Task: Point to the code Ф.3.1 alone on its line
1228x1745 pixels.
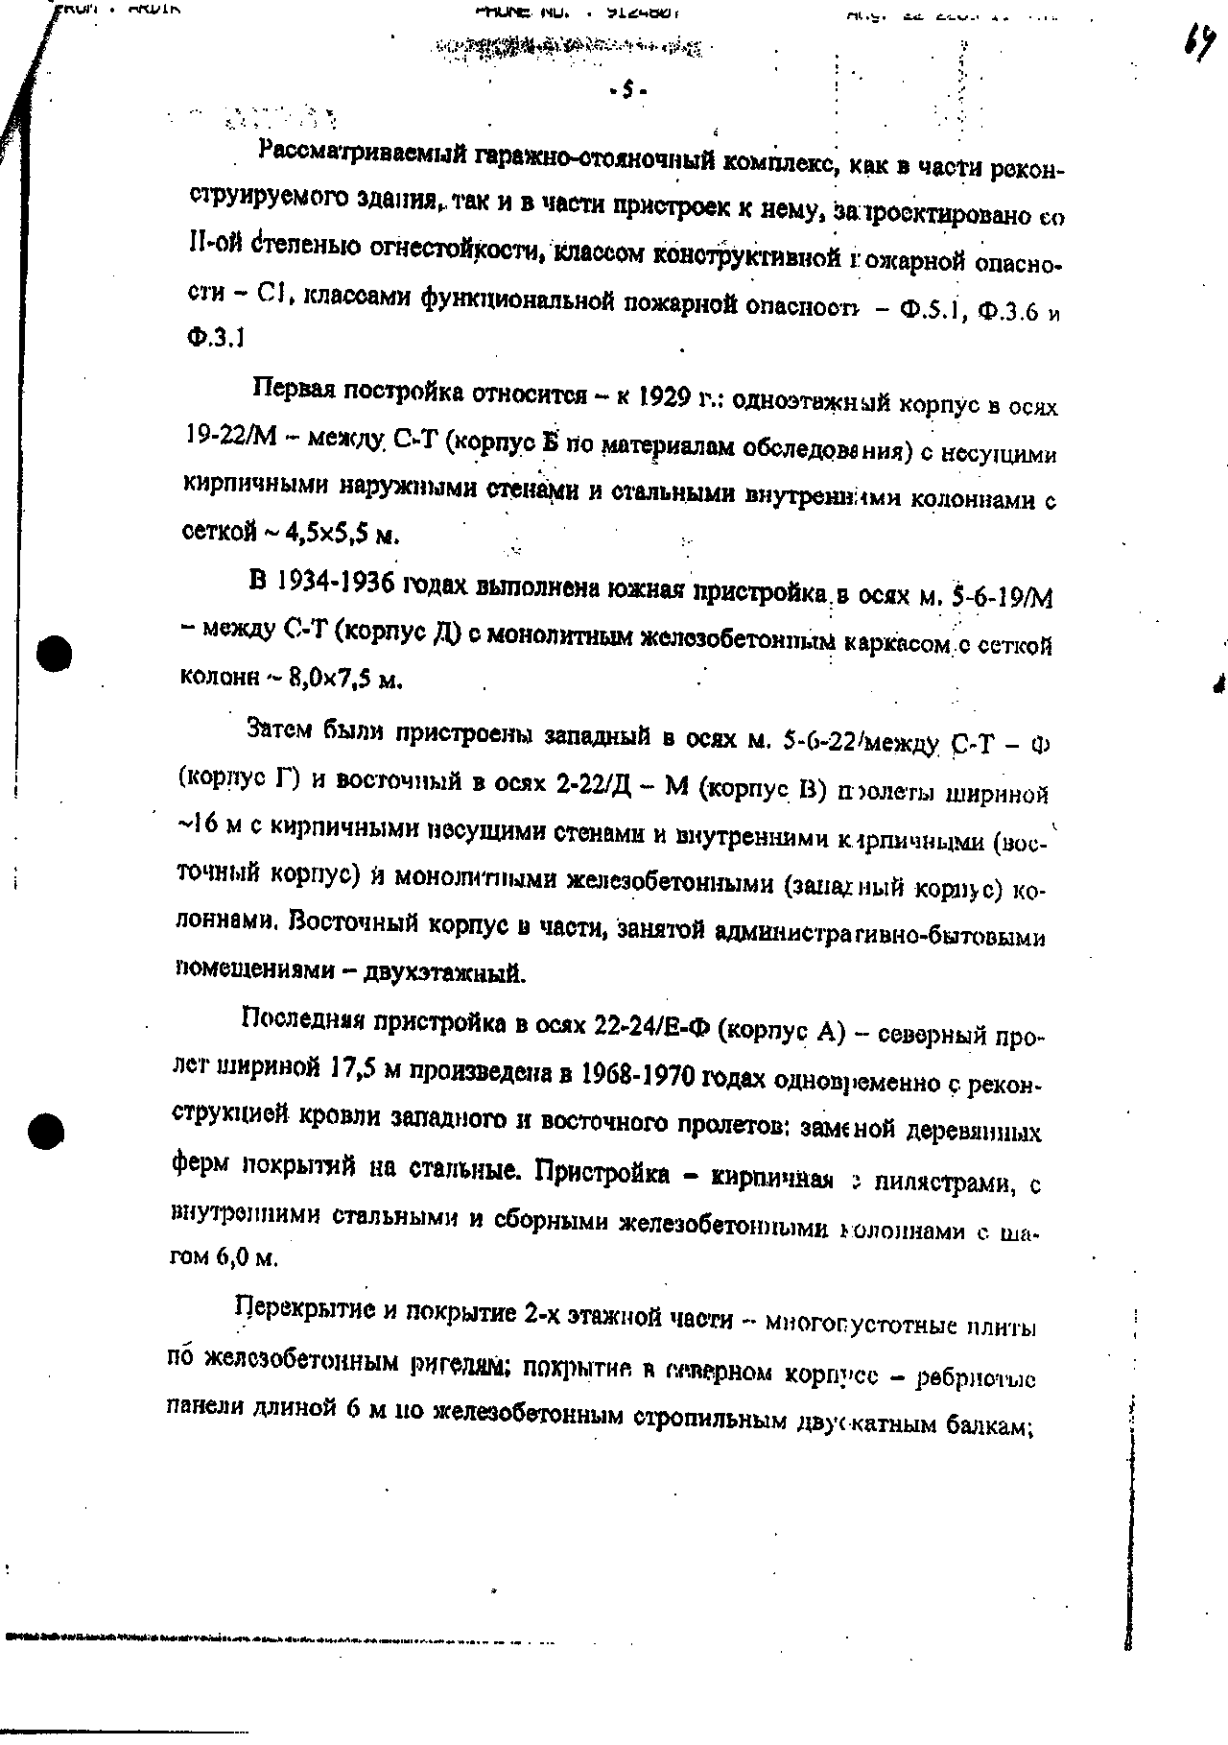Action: pos(213,337)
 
